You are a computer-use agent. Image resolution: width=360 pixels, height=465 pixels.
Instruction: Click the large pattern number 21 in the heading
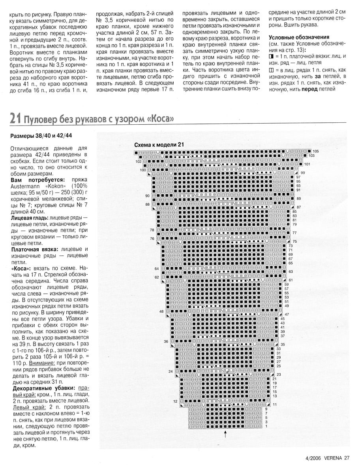[15, 118]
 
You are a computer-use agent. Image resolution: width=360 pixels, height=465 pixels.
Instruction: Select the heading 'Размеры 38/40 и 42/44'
[41, 136]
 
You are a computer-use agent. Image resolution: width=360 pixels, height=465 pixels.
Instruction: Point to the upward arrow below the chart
[225, 434]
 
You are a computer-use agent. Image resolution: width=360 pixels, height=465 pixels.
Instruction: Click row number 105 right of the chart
[315, 152]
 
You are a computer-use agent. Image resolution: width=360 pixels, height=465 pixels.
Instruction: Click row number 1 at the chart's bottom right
[266, 426]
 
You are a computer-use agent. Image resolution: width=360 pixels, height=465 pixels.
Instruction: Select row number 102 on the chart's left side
[138, 161]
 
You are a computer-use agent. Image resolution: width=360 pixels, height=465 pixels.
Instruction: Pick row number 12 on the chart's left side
[175, 401]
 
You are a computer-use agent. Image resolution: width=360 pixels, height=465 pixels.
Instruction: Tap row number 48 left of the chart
[161, 311]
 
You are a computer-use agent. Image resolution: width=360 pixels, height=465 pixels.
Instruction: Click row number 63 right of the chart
[291, 272]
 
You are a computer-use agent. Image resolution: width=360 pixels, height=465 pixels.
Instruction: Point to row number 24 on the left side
[171, 371]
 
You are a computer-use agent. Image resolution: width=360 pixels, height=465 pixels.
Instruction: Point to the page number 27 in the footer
[347, 458]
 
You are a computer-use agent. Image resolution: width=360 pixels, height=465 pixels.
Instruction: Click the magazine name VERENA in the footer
[333, 458]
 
